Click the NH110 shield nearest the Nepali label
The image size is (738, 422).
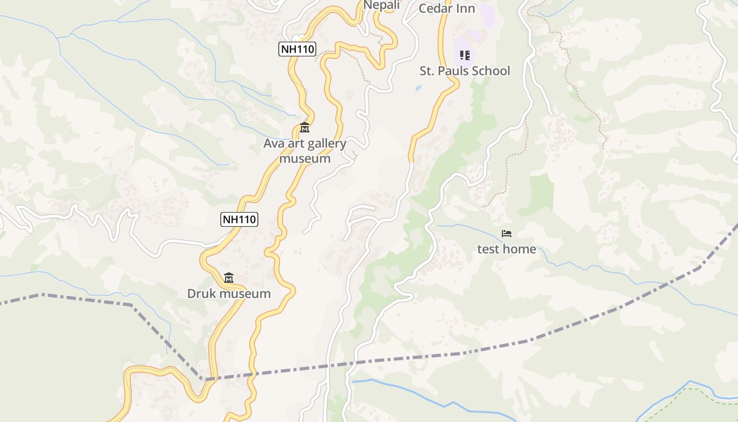pos(297,50)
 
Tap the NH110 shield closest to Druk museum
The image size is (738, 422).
pos(239,219)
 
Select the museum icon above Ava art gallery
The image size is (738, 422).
pos(305,128)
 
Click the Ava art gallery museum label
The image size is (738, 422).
pos(305,151)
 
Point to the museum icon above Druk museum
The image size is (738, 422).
pos(229,277)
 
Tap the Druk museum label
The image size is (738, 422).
pos(229,294)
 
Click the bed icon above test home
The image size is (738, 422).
pos(507,233)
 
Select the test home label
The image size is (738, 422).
pos(507,249)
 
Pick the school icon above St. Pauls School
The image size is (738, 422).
pos(464,55)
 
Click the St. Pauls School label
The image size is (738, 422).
pos(464,71)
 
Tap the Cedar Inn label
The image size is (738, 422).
pos(446,8)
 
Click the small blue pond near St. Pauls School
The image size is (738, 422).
pos(419,88)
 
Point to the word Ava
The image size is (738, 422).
pos(274,143)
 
